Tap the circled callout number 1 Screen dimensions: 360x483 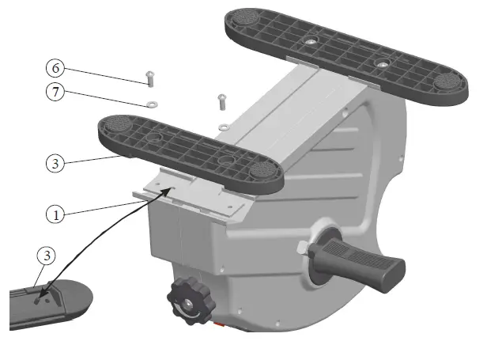(55, 214)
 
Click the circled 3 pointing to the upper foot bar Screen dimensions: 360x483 (55, 164)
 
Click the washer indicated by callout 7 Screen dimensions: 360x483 (149, 103)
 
